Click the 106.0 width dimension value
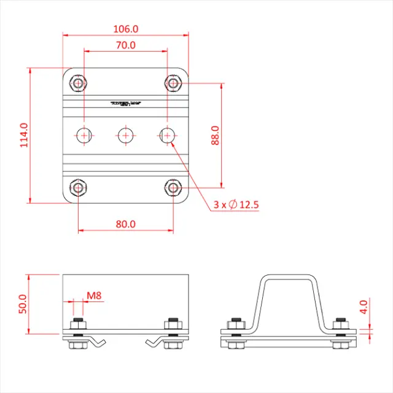(x=126, y=28)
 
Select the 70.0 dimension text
(x=125, y=45)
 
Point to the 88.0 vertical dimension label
(x=215, y=134)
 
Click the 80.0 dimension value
(x=125, y=224)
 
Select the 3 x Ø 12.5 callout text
(x=236, y=204)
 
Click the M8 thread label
(x=93, y=296)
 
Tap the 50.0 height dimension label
(x=23, y=304)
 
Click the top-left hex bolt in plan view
(x=78, y=82)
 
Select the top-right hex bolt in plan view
(x=174, y=82)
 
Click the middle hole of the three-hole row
(x=126, y=134)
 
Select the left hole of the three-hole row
(x=85, y=134)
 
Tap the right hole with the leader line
(x=167, y=134)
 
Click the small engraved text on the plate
(x=126, y=104)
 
